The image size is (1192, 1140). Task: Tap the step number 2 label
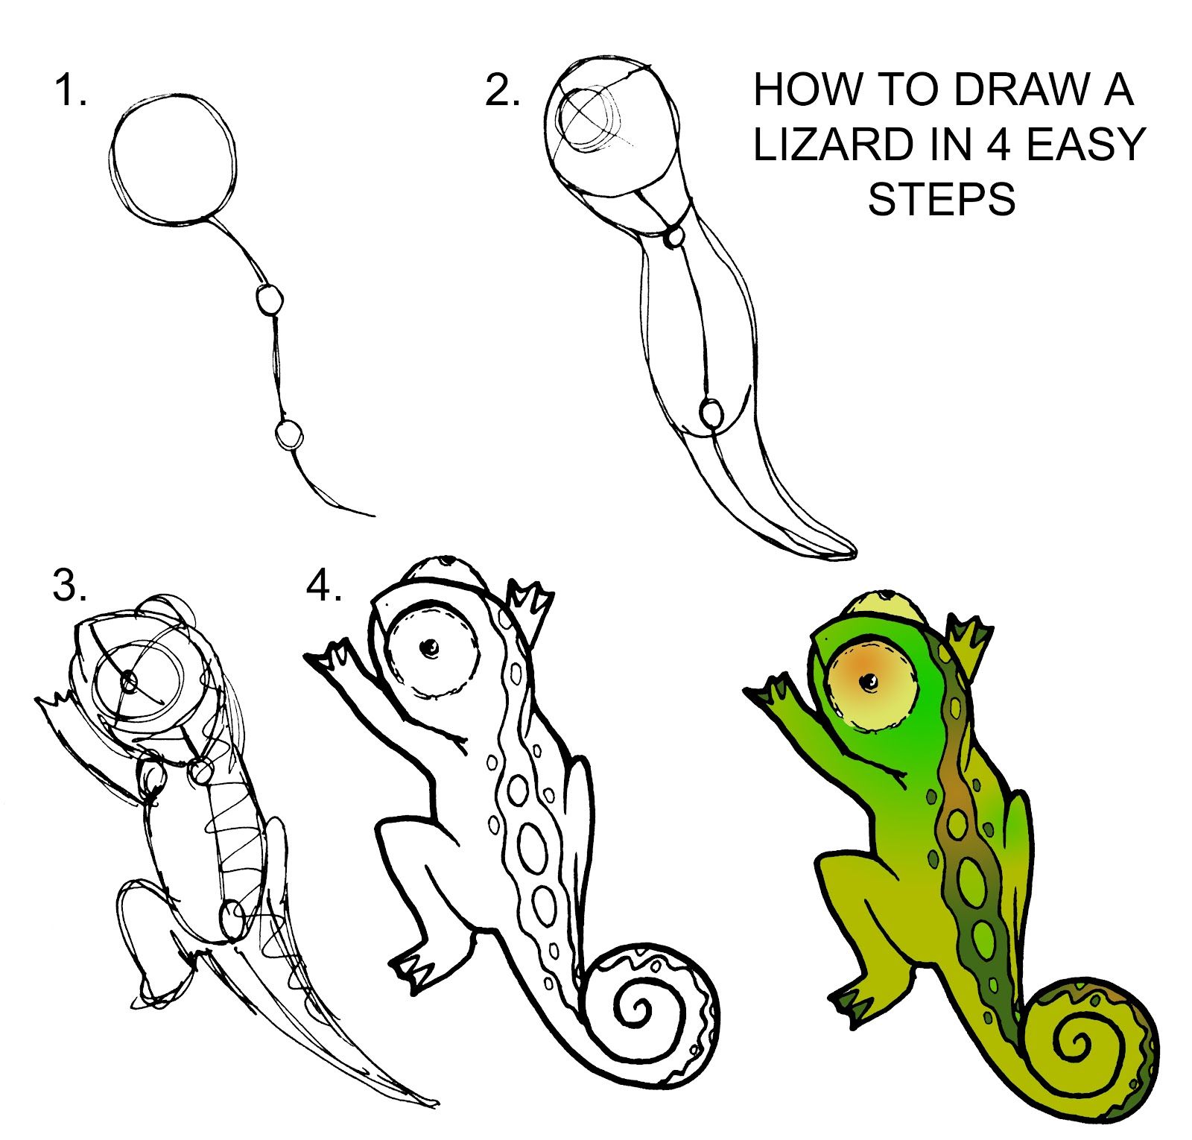coord(502,91)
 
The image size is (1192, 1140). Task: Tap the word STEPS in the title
coord(942,199)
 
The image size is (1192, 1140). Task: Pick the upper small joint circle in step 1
coord(270,300)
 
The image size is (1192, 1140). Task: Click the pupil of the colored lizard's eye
coord(868,681)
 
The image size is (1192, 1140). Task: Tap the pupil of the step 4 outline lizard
coord(429,649)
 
